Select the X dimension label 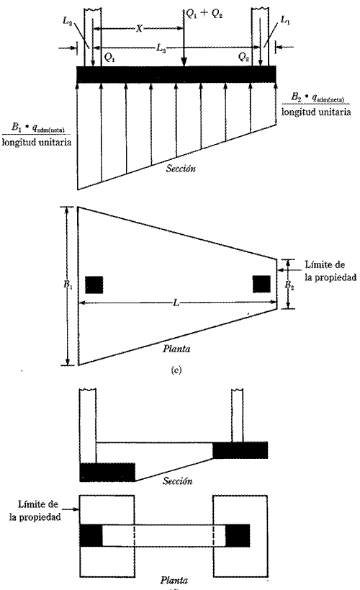click(x=138, y=27)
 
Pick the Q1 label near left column click(x=109, y=54)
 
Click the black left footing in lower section click(x=107, y=472)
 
